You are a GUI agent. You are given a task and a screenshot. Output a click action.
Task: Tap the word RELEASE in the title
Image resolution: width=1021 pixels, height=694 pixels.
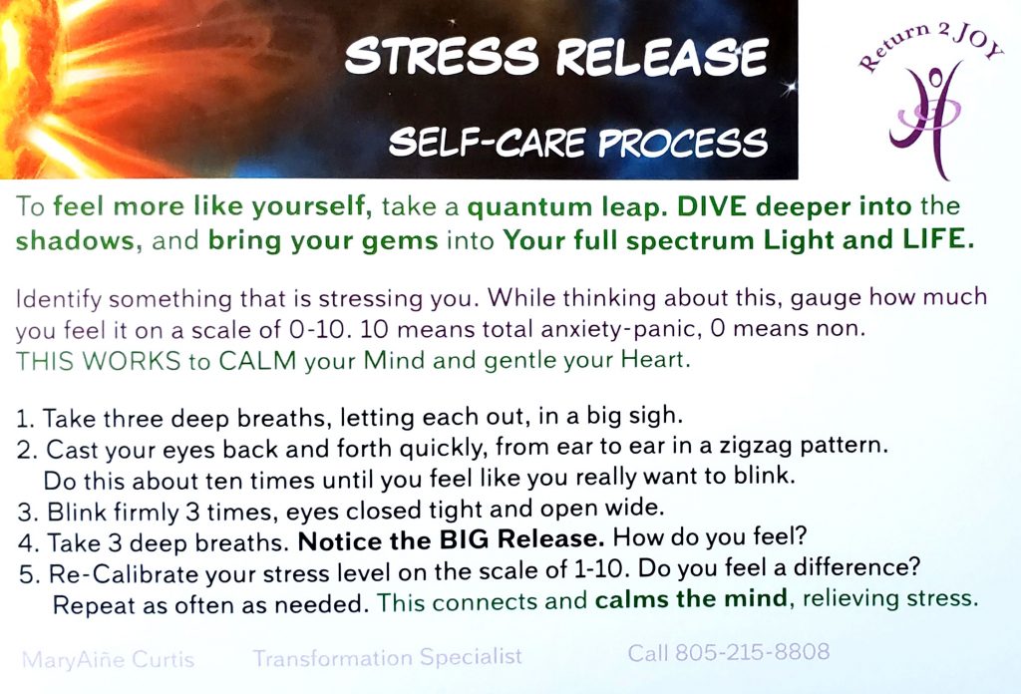(662, 57)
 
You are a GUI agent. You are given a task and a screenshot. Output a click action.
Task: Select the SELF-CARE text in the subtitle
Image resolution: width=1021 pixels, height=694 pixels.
(487, 142)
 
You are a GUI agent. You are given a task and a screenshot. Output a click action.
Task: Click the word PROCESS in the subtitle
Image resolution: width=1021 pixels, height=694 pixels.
(682, 143)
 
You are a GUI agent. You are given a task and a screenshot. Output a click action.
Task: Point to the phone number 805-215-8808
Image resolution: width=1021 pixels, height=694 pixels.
(752, 652)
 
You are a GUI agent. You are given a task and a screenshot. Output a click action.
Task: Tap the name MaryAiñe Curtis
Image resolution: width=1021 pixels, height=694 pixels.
(108, 659)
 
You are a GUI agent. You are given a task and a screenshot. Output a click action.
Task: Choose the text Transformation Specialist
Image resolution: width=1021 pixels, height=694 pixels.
(388, 657)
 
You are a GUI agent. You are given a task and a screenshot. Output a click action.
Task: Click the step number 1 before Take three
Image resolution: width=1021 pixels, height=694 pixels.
(24, 419)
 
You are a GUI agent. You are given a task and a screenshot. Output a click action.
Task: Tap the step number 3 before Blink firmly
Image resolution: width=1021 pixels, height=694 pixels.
(25, 513)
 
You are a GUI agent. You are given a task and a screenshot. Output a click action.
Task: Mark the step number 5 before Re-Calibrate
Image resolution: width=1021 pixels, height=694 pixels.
(27, 575)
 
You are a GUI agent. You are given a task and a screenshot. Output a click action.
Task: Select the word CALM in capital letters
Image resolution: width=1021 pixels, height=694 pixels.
(257, 361)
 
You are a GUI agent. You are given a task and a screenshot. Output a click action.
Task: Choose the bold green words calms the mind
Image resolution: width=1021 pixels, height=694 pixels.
(692, 598)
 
